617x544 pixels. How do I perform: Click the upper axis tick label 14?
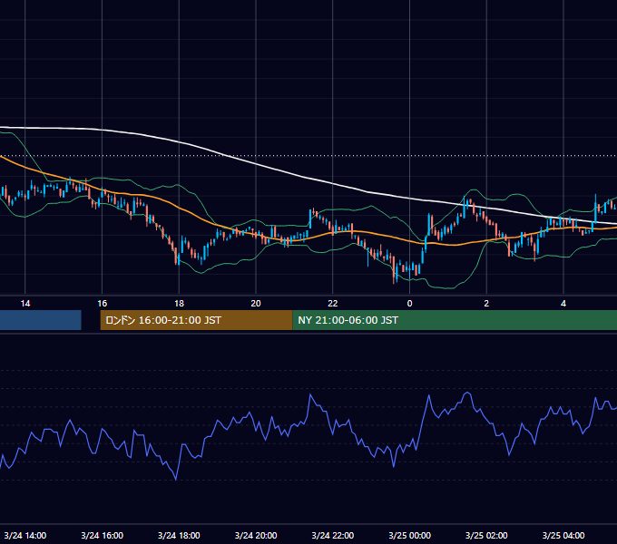click(x=25, y=304)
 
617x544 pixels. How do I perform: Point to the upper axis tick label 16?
click(x=102, y=304)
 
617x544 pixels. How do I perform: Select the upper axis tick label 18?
click(x=179, y=304)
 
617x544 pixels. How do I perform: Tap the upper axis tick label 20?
click(x=256, y=304)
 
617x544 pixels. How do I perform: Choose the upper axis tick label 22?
click(x=333, y=304)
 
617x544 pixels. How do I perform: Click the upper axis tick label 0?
click(x=409, y=304)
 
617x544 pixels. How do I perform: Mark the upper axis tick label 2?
click(x=486, y=304)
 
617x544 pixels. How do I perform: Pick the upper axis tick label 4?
click(x=563, y=304)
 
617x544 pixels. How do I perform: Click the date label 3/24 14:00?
click(x=25, y=535)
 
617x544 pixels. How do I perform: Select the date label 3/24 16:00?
click(x=102, y=535)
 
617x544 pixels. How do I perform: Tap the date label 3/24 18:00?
click(x=179, y=535)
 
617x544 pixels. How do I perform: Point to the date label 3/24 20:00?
click(x=256, y=535)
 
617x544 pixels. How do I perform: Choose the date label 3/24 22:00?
click(x=333, y=535)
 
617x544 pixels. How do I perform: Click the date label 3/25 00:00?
click(x=409, y=535)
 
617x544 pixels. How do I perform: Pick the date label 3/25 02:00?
click(x=486, y=535)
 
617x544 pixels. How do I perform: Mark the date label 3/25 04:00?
click(x=563, y=535)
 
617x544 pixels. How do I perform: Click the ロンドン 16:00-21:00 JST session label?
click(x=163, y=320)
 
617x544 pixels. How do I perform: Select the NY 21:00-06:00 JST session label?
click(x=348, y=320)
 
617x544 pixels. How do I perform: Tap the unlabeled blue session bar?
click(x=41, y=320)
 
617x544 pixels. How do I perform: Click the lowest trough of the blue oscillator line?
click(x=175, y=480)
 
